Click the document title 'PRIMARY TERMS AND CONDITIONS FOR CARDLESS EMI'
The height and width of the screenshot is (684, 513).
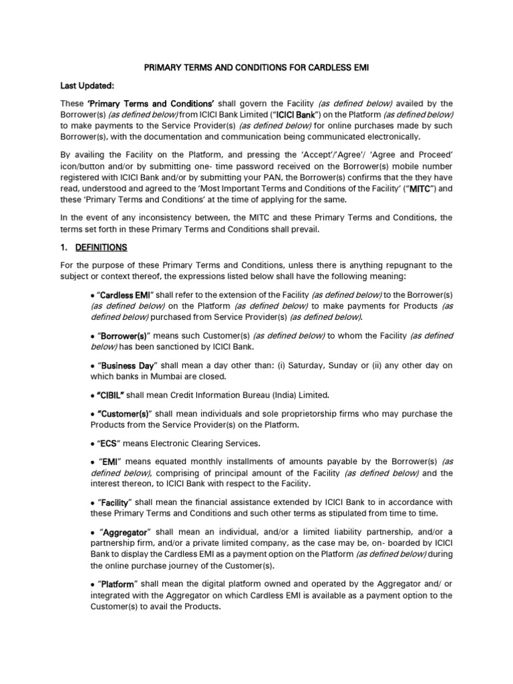pos(256,67)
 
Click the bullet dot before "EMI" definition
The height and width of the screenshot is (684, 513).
pos(92,462)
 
